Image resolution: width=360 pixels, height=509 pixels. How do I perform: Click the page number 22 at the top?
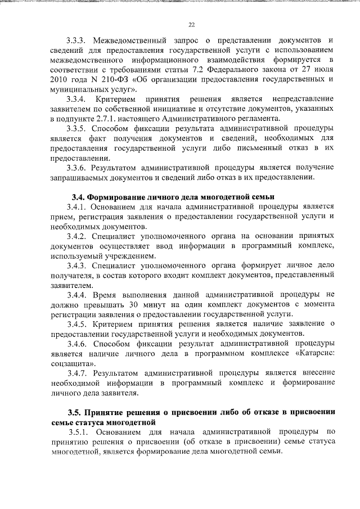tap(191, 25)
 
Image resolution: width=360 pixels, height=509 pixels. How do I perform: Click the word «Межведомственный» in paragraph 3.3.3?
tap(129, 40)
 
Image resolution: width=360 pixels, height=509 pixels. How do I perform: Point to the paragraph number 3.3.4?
tap(78, 99)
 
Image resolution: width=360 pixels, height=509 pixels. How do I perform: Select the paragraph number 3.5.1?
tap(80, 432)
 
